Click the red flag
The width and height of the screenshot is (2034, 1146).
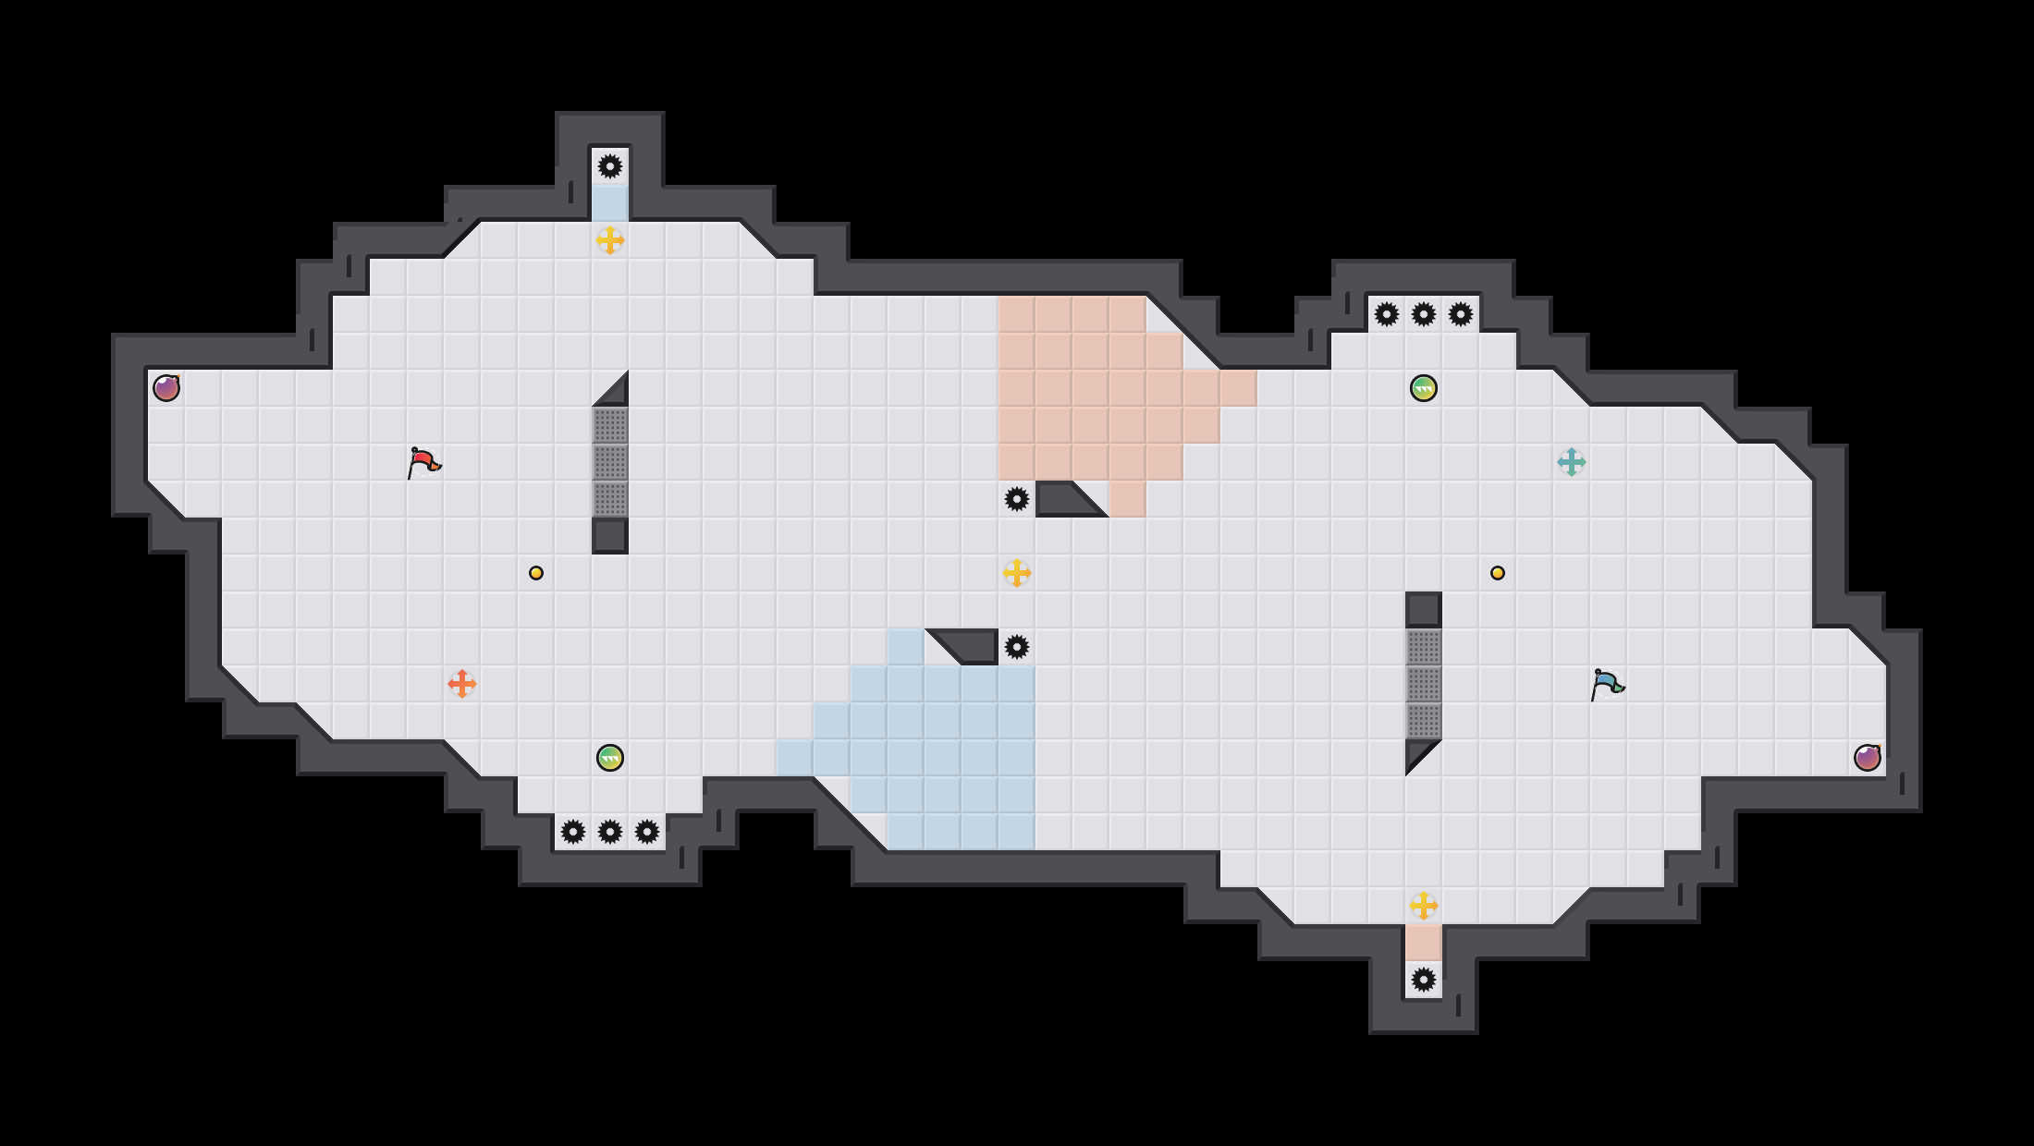pyautogui.click(x=423, y=462)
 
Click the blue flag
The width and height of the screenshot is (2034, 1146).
pyautogui.click(x=1607, y=684)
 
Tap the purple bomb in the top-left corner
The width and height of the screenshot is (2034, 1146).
pyautogui.click(x=166, y=388)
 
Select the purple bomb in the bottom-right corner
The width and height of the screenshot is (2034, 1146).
pyautogui.click(x=1868, y=758)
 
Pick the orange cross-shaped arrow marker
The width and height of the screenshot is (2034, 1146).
pyautogui.click(x=462, y=684)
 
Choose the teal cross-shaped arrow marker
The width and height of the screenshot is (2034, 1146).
pyautogui.click(x=1572, y=462)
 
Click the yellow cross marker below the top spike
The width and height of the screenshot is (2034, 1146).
pyautogui.click(x=610, y=240)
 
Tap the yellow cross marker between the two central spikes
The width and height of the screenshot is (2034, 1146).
pyautogui.click(x=1017, y=573)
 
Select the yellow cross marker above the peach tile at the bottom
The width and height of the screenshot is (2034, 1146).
pyautogui.click(x=1424, y=906)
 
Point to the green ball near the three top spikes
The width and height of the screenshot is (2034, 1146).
pyautogui.click(x=1424, y=388)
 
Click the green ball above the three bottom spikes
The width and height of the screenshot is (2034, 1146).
pyautogui.click(x=610, y=758)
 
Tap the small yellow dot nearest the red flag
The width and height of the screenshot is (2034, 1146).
pyautogui.click(x=536, y=573)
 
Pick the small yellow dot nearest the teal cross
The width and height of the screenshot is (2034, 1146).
pyautogui.click(x=1498, y=573)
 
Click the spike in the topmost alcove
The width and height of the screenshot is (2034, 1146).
pyautogui.click(x=610, y=166)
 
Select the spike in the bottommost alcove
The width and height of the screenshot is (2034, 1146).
pyautogui.click(x=1424, y=980)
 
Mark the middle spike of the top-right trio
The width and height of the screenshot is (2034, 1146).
pyautogui.click(x=1424, y=314)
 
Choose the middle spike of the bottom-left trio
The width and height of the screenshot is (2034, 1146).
pyautogui.click(x=610, y=832)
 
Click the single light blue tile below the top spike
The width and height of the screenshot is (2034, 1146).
pyautogui.click(x=610, y=203)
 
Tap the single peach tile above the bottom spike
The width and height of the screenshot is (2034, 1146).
pyautogui.click(x=1424, y=943)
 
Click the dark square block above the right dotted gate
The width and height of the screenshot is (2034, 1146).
pyautogui.click(x=1424, y=610)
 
